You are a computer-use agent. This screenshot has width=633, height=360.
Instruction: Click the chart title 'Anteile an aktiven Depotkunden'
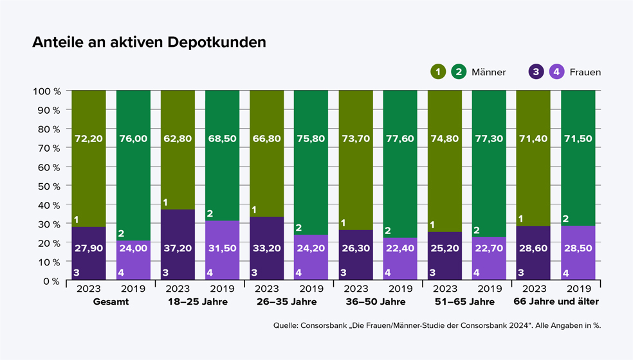[x=149, y=42]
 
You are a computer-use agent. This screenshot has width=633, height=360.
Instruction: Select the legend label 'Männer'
[x=488, y=72]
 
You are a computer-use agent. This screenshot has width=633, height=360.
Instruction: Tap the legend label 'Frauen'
[x=584, y=72]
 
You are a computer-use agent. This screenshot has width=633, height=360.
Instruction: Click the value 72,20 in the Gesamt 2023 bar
[x=89, y=139]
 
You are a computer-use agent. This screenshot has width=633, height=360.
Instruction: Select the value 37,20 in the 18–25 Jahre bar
[x=178, y=248]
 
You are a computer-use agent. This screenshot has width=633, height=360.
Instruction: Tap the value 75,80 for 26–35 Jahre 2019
[x=311, y=139]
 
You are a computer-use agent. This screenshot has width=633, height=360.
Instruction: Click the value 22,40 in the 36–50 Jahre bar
[x=400, y=248]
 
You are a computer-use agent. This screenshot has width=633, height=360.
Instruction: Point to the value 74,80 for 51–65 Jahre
[x=445, y=139]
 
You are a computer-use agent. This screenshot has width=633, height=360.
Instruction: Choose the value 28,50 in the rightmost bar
[x=578, y=248]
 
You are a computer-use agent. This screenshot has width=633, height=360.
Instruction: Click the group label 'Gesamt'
[x=111, y=301]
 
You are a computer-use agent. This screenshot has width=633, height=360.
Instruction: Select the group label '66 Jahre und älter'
[x=556, y=301]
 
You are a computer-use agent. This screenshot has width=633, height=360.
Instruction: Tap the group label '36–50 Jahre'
[x=378, y=301]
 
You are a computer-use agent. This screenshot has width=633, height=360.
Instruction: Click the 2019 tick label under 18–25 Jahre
[x=222, y=289]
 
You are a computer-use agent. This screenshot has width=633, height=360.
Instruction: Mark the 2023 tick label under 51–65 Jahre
[x=445, y=289]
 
